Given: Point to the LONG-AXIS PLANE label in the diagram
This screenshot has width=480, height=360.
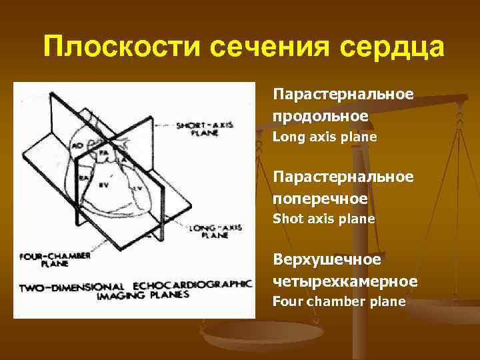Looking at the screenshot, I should click(208, 231).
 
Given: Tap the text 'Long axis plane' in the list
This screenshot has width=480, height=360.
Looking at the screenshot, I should click(325, 137).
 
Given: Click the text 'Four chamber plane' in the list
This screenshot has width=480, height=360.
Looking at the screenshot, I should click(339, 301).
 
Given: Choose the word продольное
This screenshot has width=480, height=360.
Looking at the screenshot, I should click(320, 115).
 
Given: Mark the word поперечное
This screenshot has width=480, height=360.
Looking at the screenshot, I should click(320, 198).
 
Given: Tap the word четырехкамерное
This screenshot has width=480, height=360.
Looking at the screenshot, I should click(345, 281).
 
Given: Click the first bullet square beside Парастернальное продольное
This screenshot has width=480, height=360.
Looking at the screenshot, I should click(265, 94).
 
